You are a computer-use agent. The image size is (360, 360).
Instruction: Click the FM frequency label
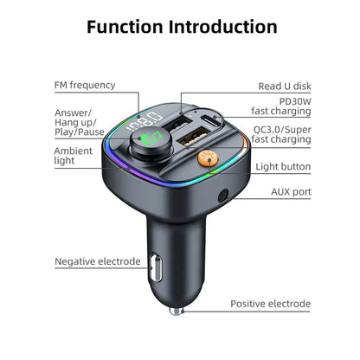tap(85, 85)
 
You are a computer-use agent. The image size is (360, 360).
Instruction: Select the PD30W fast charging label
tap(281, 105)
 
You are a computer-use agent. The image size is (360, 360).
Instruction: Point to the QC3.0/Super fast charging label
tap(281, 134)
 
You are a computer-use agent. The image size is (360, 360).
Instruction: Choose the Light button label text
tap(282, 166)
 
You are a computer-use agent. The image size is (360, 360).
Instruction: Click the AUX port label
tap(290, 191)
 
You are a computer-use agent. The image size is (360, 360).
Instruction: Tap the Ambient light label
tap(74, 156)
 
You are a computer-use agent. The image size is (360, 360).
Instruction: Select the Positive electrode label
tap(270, 304)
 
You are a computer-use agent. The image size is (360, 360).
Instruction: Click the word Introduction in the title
tap(223, 26)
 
